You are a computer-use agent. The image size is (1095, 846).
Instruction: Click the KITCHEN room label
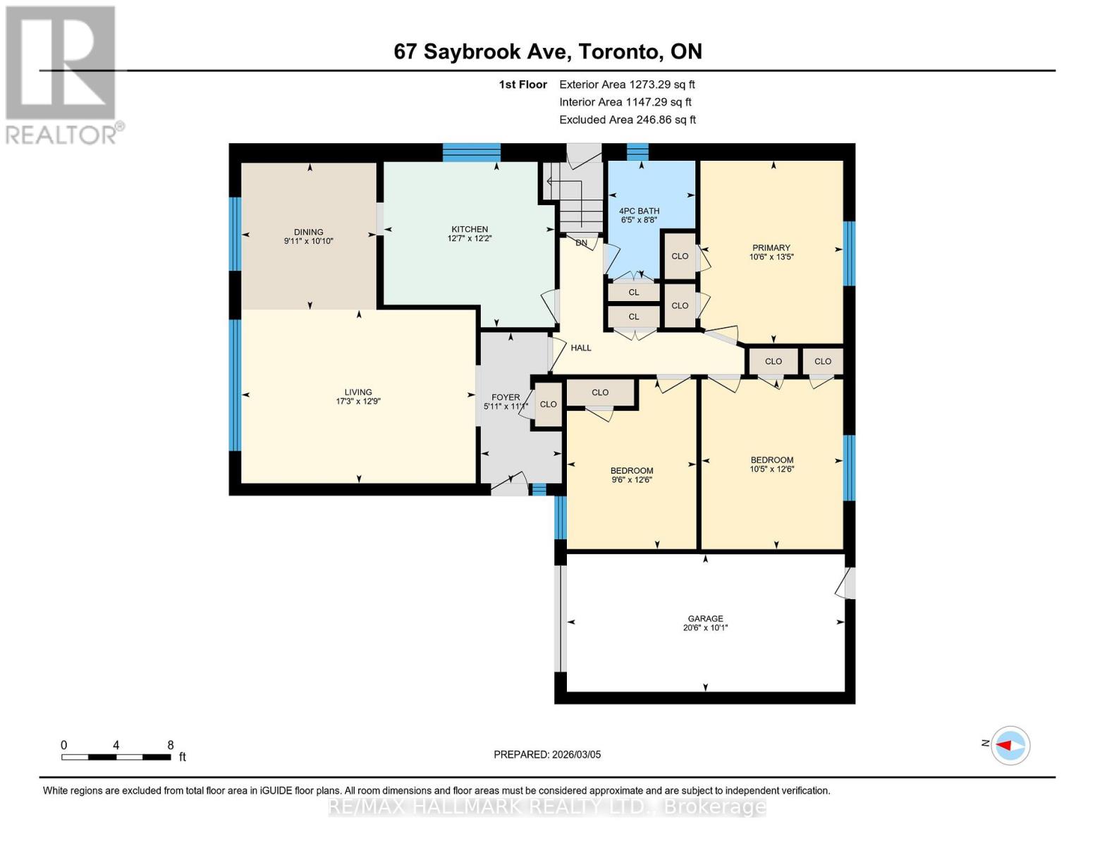coord(470,229)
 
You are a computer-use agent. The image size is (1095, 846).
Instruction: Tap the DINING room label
coord(308,232)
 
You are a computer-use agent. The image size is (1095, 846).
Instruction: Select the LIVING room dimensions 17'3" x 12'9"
coord(358,402)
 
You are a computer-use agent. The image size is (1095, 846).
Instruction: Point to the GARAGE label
coord(705,618)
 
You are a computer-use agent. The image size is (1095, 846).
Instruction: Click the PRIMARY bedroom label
coord(771,247)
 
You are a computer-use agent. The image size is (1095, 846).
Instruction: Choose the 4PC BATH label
coord(639,211)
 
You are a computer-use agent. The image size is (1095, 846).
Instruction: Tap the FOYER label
coord(506,398)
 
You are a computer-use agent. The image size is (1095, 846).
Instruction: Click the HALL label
coord(581,348)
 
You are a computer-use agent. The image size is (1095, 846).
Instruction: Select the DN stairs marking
coord(581,243)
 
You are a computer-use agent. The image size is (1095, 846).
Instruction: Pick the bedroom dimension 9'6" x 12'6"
coord(632,480)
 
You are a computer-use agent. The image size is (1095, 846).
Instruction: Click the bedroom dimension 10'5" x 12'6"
coord(772,469)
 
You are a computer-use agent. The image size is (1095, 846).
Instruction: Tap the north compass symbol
coord(1010,745)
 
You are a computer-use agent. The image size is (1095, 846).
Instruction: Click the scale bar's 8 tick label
coord(171,745)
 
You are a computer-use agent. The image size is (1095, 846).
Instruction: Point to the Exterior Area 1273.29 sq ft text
coord(627,85)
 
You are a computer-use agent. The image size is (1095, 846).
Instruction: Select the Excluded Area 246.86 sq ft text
coord(628,120)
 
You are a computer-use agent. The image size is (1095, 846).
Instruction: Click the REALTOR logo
coord(61,74)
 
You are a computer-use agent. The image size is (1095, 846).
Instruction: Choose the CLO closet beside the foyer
coord(548,405)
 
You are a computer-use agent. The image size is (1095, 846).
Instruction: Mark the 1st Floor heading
coord(522,85)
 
